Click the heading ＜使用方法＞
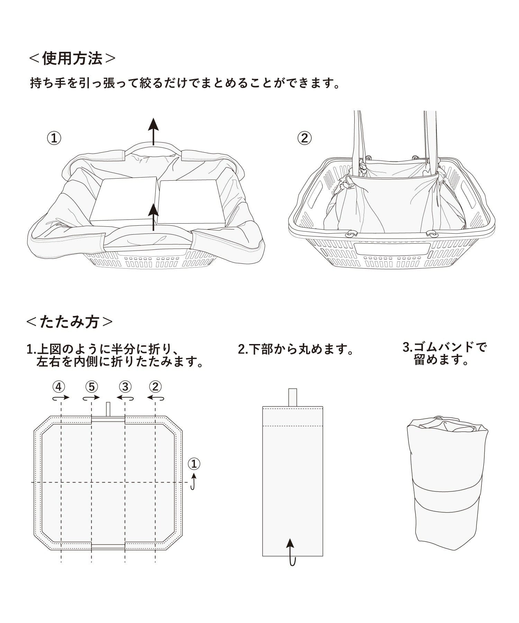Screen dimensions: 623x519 72,59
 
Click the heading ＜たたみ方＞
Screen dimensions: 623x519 69,322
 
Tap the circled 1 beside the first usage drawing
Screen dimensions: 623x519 54,138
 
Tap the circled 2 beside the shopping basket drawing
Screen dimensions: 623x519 304,138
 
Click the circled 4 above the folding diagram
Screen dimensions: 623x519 59,387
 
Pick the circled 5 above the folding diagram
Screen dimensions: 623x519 91,387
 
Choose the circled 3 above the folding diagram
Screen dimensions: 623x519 125,387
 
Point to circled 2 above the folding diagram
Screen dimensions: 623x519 155,387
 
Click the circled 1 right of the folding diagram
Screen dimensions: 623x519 194,463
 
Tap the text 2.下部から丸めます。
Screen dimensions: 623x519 296,349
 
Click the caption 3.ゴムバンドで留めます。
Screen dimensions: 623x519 445,353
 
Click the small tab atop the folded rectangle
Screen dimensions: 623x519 293,397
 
